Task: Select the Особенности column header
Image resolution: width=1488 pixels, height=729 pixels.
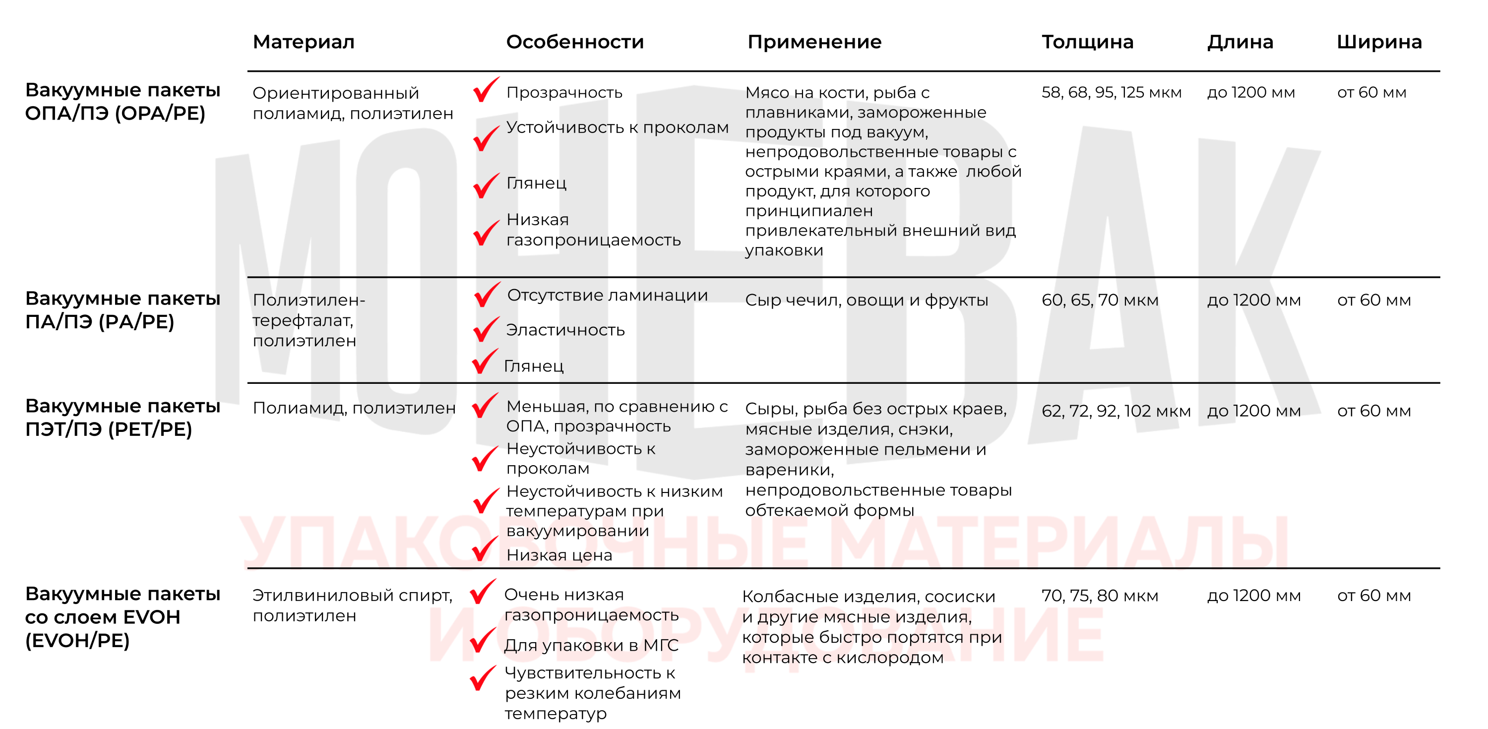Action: (x=574, y=42)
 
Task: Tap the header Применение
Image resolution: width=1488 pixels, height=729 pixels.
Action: (x=814, y=42)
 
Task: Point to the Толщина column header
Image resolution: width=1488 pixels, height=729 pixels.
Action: (x=1087, y=42)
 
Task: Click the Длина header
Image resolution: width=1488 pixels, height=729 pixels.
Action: (x=1240, y=42)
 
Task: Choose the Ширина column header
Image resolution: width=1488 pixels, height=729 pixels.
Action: (x=1379, y=42)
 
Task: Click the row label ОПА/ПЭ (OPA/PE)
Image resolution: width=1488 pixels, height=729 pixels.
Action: (x=123, y=102)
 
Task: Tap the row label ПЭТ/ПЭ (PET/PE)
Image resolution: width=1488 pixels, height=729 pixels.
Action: (x=123, y=417)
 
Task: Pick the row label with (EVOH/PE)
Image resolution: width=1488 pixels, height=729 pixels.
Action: (x=123, y=616)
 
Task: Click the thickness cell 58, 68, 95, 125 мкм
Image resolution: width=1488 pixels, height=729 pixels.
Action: (x=1111, y=92)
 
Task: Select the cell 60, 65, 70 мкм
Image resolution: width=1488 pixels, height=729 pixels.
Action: (x=1099, y=300)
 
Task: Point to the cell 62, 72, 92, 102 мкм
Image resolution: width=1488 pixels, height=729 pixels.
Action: (x=1116, y=411)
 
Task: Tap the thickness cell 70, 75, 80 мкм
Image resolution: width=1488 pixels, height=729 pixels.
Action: (x=1099, y=595)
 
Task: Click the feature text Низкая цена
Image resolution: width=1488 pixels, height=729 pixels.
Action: (x=558, y=555)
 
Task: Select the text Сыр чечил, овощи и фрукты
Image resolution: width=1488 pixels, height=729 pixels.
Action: (x=866, y=300)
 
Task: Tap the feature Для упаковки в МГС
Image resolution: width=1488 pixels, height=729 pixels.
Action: (x=591, y=645)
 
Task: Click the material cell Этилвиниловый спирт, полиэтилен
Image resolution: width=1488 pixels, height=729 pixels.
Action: (x=352, y=605)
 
